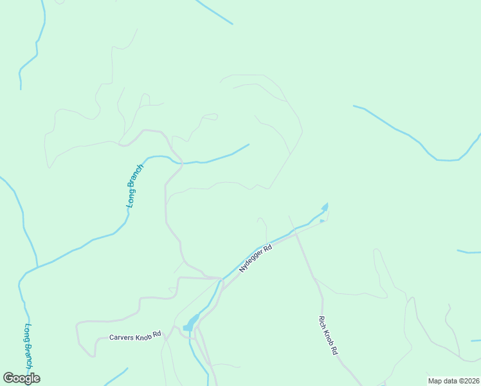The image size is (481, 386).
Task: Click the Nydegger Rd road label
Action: click(256, 258)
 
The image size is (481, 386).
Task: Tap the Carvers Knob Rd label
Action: click(134, 336)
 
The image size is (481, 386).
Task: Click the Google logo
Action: click(21, 378)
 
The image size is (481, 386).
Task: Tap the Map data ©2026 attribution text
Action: click(453, 381)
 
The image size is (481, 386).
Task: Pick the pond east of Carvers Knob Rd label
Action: click(191, 322)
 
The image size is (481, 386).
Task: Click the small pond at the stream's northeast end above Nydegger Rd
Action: click(325, 207)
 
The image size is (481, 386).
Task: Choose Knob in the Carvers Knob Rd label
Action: click(143, 336)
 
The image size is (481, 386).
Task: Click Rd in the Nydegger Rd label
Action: click(268, 248)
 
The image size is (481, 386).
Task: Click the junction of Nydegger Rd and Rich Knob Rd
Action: click(296, 234)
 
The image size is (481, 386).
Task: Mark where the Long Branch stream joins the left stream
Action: click(37, 266)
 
